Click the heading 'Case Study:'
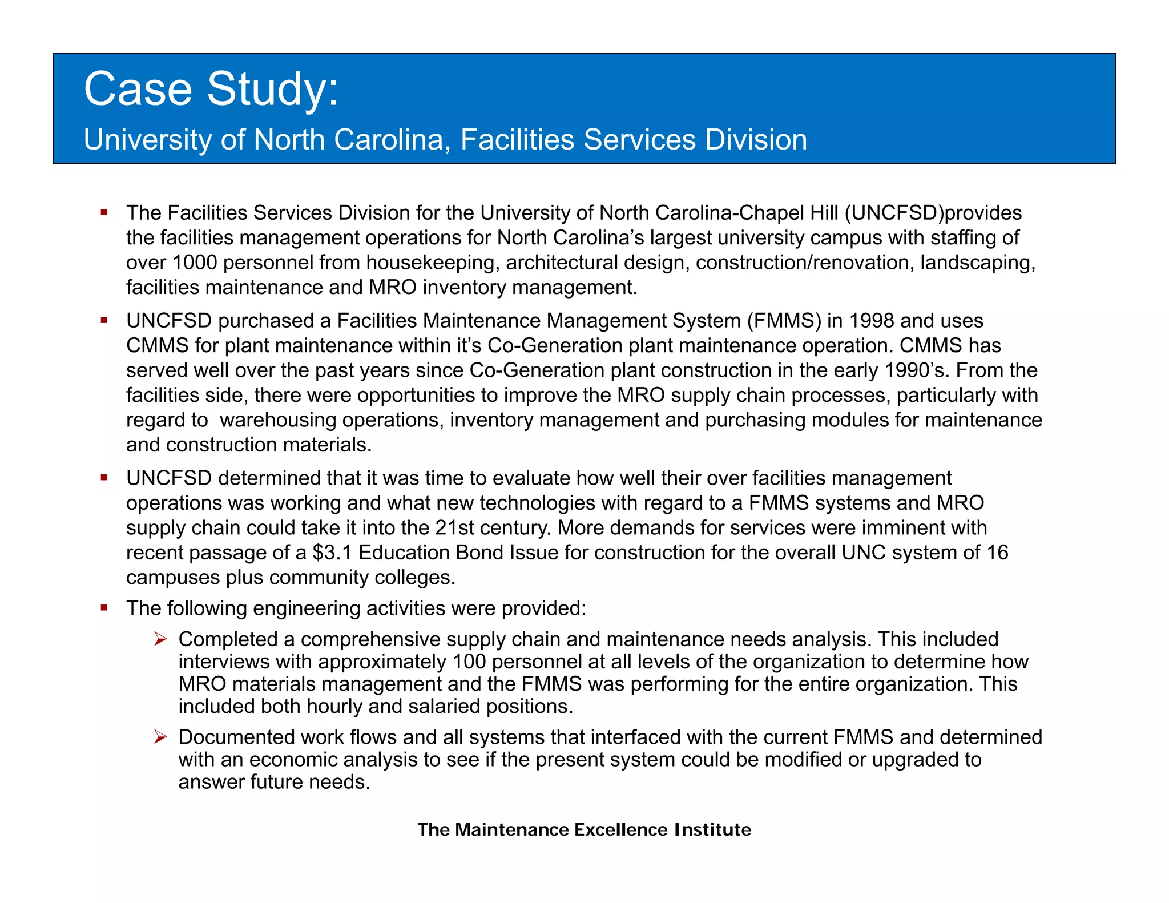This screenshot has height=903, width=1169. click(x=211, y=90)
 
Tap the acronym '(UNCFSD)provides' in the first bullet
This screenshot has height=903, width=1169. click(x=933, y=213)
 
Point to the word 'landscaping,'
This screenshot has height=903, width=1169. click(x=977, y=263)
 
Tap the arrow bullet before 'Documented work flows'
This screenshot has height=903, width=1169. click(x=160, y=737)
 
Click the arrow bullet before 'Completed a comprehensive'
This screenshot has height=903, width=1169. click(x=160, y=639)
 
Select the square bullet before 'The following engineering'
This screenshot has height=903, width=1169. click(x=104, y=608)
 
